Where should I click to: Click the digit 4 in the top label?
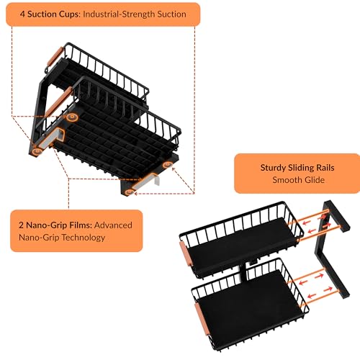tap(22, 14)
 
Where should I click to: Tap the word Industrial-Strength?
tap(119, 14)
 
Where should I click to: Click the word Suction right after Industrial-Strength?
tap(172, 14)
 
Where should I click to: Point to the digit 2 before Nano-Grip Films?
tap(21, 225)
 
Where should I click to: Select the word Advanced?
tap(113, 225)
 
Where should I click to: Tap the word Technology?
tap(84, 238)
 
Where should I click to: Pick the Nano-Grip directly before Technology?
tap(39, 238)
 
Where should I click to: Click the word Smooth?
tap(287, 180)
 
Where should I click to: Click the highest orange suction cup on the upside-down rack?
tap(72, 117)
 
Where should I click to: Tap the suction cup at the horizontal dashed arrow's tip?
tap(130, 192)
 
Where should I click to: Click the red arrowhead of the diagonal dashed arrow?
tap(174, 169)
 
